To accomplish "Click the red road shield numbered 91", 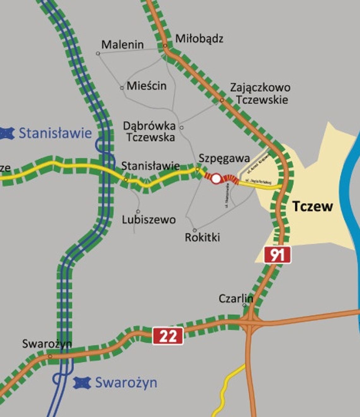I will tap(277, 255).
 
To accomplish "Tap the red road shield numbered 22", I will tap(168, 336).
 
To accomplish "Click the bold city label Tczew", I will tap(312, 206).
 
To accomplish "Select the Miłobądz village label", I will tap(199, 39).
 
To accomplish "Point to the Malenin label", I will tap(123, 45).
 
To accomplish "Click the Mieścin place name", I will tap(147, 86).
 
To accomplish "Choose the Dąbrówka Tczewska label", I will tap(149, 132).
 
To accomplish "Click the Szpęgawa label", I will tap(224, 158).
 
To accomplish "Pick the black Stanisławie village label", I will tap(151, 166).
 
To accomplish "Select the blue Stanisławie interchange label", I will tap(55, 133).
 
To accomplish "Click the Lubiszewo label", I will tap(149, 220).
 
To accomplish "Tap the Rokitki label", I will tap(202, 237).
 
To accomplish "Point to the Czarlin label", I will tap(236, 298).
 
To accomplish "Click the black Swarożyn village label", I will tap(47, 344).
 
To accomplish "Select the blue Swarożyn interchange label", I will tap(126, 383).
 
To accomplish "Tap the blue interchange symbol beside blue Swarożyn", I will tap(82, 383).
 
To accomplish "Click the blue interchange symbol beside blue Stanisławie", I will tap(7, 133).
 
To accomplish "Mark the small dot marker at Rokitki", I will tap(195, 230).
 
